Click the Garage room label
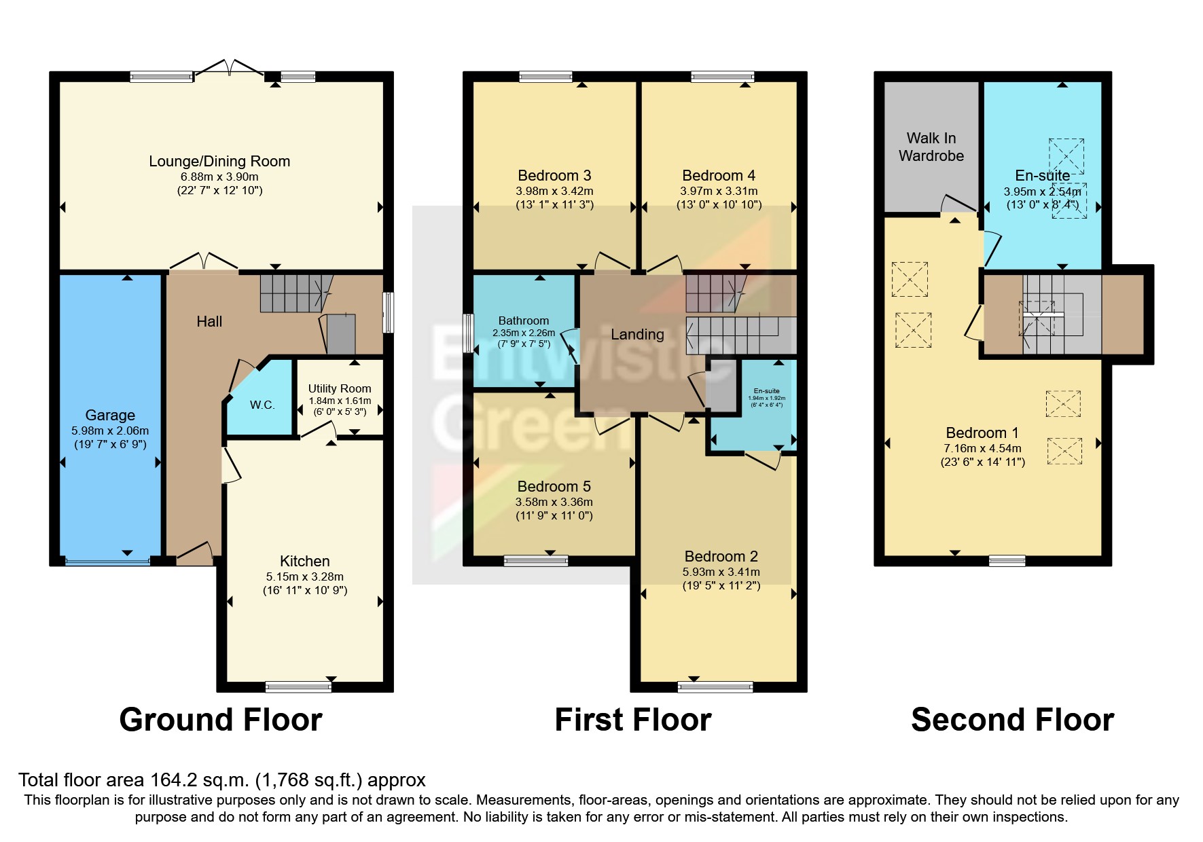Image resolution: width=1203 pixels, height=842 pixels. [x=110, y=415]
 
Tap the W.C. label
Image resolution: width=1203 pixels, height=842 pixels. [x=262, y=405]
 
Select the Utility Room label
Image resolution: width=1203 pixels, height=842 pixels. [x=340, y=388]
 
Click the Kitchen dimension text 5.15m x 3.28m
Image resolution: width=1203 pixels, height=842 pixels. [x=304, y=576]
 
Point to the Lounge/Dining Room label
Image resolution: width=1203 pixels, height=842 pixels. [x=219, y=161]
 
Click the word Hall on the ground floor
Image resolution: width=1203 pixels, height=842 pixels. [x=209, y=322]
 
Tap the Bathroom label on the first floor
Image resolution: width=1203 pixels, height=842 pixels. [x=523, y=321]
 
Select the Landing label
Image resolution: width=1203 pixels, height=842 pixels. [x=636, y=334]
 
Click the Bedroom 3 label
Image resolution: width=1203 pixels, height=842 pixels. [x=554, y=176]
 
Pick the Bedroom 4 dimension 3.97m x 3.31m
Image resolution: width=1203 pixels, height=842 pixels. [x=719, y=191]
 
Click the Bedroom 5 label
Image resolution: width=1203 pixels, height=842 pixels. [x=554, y=486]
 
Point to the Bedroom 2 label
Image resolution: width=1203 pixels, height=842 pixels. [x=721, y=557]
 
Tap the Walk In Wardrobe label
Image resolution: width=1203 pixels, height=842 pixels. [x=931, y=147]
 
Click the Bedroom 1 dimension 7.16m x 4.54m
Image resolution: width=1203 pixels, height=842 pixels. [x=982, y=448]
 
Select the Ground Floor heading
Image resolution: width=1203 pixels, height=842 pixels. [x=221, y=720]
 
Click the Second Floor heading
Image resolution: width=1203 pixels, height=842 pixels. [x=1012, y=720]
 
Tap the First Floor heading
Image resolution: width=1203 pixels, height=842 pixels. [x=632, y=720]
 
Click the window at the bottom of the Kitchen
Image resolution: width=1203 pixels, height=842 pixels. [x=298, y=687]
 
